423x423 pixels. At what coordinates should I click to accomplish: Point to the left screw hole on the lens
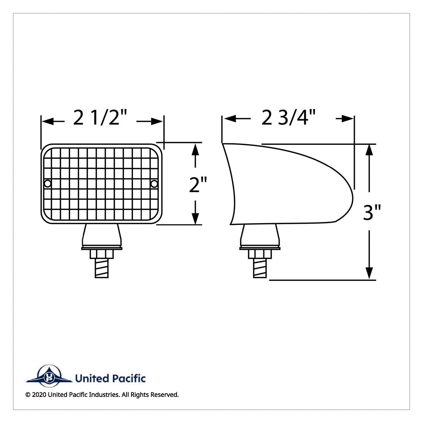tap(48, 183)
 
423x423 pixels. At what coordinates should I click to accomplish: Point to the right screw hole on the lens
tap(154, 183)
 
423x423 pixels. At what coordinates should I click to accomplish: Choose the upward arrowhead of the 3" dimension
tap(369, 150)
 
